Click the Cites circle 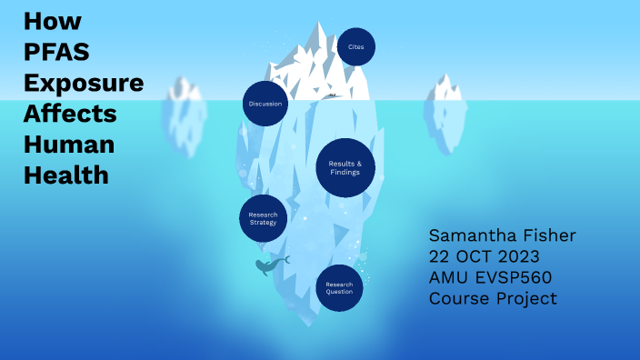tap(355, 46)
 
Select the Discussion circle tap(265, 104)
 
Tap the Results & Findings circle tap(345, 167)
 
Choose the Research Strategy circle tap(263, 218)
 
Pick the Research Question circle tap(339, 288)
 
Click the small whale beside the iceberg tap(270, 265)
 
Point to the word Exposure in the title tap(84, 84)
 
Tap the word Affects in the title tap(71, 114)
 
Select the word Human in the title tap(69, 144)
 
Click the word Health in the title tap(66, 174)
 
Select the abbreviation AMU tap(451, 277)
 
